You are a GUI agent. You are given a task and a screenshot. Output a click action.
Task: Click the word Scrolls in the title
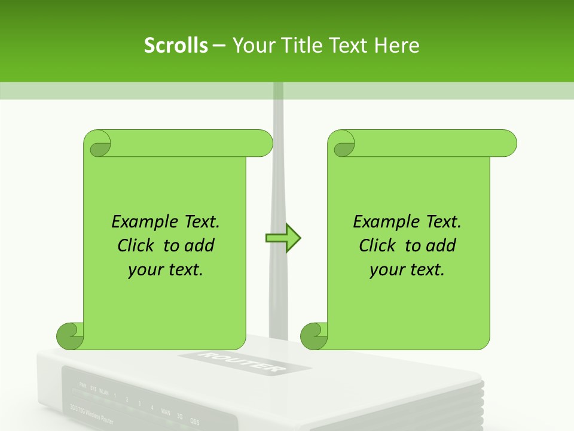(176, 45)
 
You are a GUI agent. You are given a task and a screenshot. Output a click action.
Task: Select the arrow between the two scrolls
(283, 238)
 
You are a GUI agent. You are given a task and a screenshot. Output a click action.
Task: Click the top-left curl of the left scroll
(97, 144)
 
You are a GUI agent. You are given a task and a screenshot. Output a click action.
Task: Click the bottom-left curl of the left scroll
(70, 336)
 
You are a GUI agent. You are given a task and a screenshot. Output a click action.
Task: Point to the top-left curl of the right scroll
(343, 144)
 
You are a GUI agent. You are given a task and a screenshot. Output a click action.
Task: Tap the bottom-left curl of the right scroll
(314, 336)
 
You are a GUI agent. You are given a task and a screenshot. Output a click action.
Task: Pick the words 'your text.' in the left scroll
(166, 269)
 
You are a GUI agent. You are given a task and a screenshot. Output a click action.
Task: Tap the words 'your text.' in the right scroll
(407, 269)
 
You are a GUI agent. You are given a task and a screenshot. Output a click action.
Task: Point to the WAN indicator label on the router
(166, 412)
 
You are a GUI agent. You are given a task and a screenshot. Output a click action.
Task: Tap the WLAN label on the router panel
(104, 393)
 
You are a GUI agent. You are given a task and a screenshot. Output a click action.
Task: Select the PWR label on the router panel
(83, 385)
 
